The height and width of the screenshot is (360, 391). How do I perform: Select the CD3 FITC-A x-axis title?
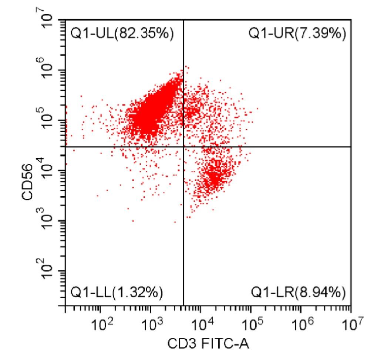(x=208, y=344)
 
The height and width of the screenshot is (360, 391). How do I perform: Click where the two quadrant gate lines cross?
(x=183, y=147)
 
